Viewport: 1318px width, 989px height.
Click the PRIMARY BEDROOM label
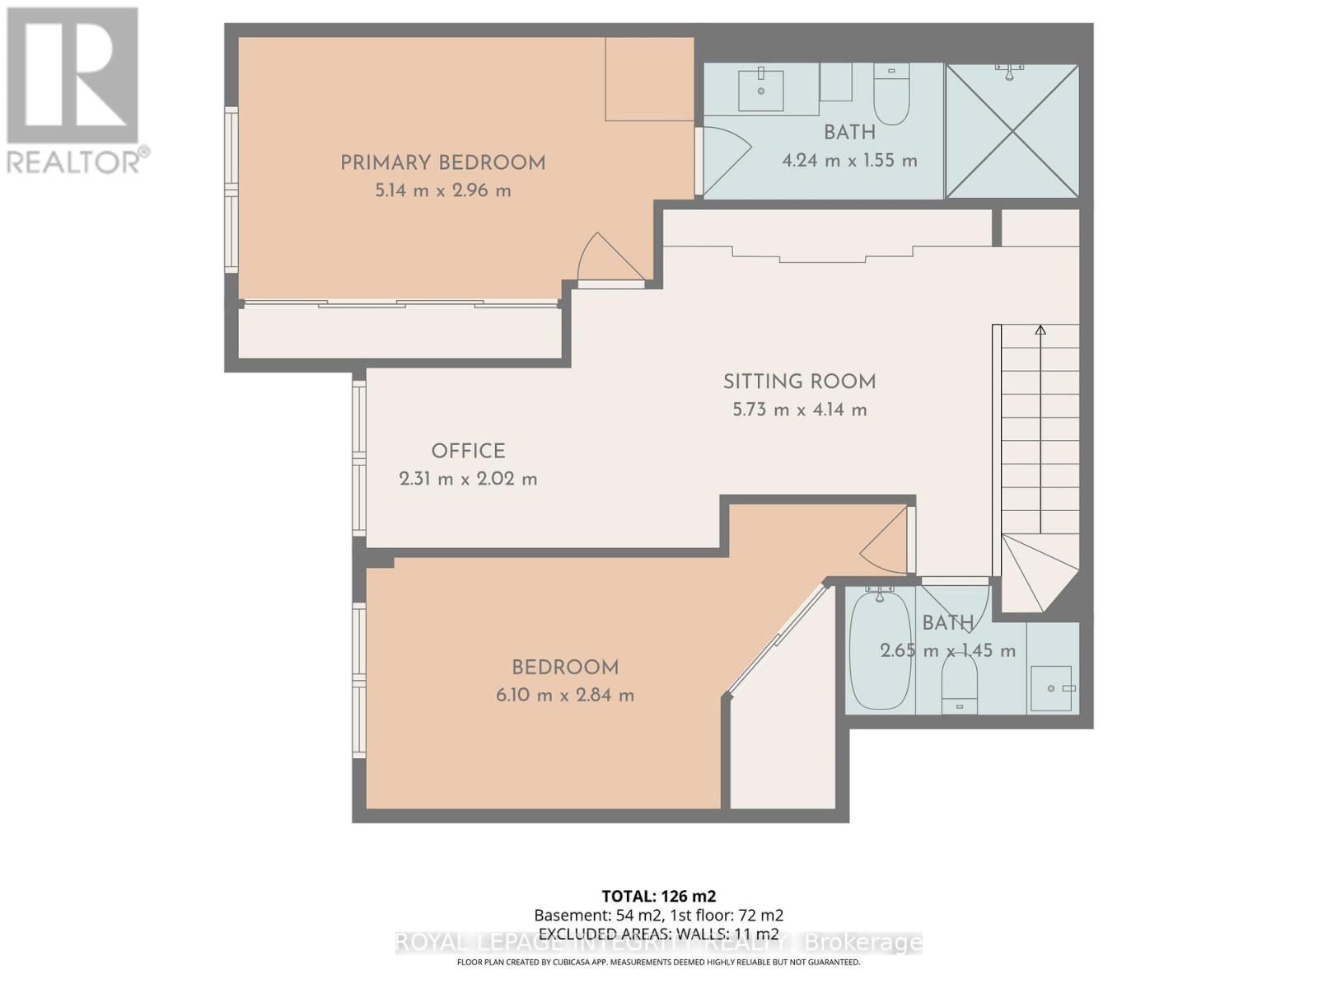[x=443, y=162]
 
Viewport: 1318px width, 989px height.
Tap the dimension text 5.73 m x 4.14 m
[x=799, y=410]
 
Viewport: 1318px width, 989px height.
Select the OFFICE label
[x=468, y=451]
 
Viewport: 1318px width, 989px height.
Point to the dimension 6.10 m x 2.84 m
[x=565, y=695]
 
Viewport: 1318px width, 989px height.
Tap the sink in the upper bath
[x=760, y=90]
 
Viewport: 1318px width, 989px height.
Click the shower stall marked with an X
[x=1012, y=132]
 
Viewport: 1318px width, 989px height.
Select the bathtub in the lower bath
[x=881, y=651]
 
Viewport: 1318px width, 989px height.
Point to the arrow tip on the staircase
[x=1040, y=330]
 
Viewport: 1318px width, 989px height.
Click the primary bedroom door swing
[x=608, y=258]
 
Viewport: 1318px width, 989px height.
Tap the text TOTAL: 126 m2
[x=658, y=896]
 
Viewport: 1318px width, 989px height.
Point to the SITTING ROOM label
[x=799, y=382]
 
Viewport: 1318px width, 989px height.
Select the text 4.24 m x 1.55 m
[x=849, y=160]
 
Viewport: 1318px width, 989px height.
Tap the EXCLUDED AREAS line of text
[x=658, y=934]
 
